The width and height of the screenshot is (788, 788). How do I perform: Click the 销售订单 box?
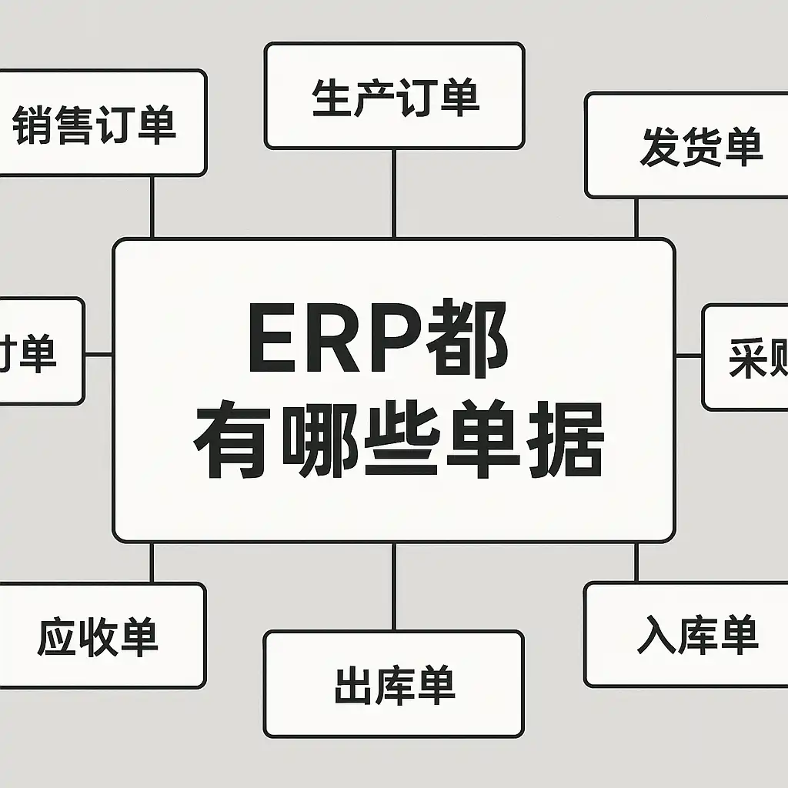coord(100,123)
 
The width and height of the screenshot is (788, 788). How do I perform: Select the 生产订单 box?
coord(394,96)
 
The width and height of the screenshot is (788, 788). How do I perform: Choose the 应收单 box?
coord(100,636)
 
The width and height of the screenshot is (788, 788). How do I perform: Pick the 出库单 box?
coord(393,684)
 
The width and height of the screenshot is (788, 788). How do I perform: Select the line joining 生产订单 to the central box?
coord(394,192)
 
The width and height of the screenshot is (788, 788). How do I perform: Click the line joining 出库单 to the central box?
coord(394,586)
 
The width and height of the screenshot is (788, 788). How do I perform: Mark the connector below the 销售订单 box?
coord(152,206)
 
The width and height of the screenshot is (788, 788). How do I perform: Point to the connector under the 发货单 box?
coord(636,218)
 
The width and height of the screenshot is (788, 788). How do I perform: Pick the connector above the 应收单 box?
coord(152,562)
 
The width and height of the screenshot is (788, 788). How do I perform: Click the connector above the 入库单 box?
coord(636,562)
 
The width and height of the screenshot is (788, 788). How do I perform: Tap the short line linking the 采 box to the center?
coord(689,356)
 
